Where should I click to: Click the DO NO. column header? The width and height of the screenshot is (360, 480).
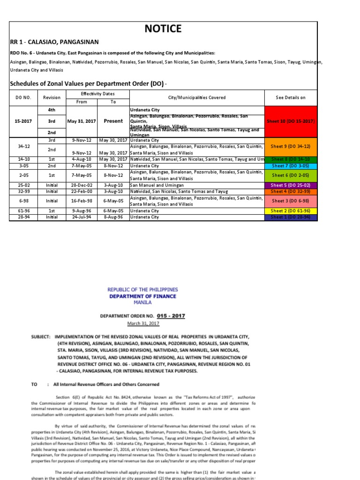tap(23, 97)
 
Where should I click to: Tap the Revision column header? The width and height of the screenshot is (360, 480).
tap(52, 97)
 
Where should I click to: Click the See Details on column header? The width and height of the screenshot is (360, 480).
tap(291, 97)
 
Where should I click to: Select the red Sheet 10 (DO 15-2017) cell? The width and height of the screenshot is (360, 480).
tap(291, 121)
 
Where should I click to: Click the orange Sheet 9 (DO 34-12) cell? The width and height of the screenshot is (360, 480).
tap(291, 146)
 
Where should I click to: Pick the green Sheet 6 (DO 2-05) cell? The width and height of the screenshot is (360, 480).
tap(291, 175)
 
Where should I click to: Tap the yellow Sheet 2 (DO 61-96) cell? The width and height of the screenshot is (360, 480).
tap(291, 211)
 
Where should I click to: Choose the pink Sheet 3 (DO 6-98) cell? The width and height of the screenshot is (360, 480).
tap(291, 201)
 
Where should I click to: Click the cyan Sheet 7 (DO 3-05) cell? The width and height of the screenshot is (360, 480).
tap(291, 166)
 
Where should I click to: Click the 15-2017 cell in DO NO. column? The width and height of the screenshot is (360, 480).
tap(23, 121)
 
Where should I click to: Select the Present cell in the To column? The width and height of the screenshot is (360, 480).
tap(113, 121)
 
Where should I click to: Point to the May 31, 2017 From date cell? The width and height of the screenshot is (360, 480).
tap(82, 121)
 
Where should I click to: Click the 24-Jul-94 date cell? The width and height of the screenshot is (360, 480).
tap(82, 217)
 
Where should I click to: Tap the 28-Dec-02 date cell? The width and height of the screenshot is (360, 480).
tap(82, 186)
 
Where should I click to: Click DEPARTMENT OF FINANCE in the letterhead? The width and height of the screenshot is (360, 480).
tap(143, 296)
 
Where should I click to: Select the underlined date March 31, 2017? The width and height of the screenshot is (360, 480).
tap(143, 323)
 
